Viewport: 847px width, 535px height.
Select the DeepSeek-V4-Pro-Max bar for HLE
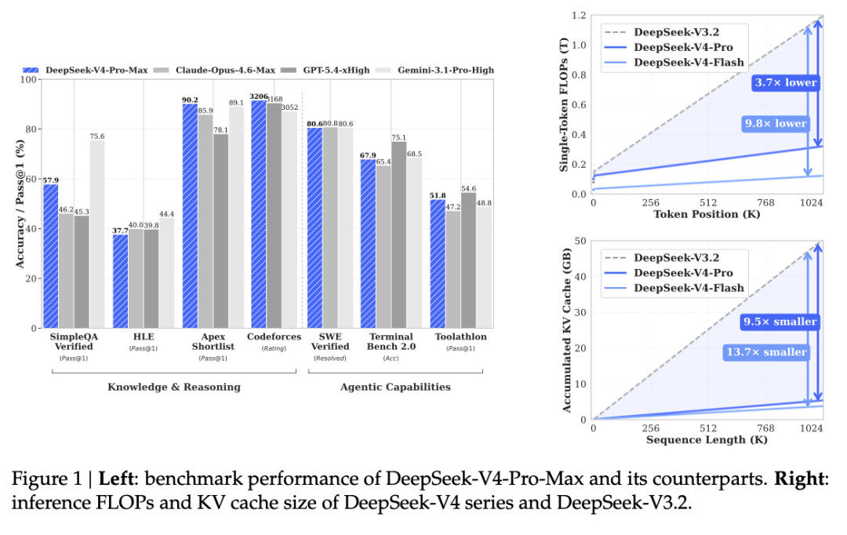(x=121, y=281)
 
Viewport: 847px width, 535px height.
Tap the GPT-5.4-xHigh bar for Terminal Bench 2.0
(x=398, y=235)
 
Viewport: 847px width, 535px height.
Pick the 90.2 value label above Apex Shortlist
(x=190, y=99)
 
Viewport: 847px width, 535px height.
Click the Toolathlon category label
(x=461, y=337)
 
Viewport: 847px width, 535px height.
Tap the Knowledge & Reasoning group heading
(x=174, y=387)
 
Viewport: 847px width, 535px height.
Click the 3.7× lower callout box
(x=786, y=82)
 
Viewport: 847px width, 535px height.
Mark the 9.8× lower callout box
(x=776, y=123)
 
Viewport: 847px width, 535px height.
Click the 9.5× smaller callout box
(x=780, y=321)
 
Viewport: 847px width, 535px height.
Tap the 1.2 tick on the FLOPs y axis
(x=579, y=16)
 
